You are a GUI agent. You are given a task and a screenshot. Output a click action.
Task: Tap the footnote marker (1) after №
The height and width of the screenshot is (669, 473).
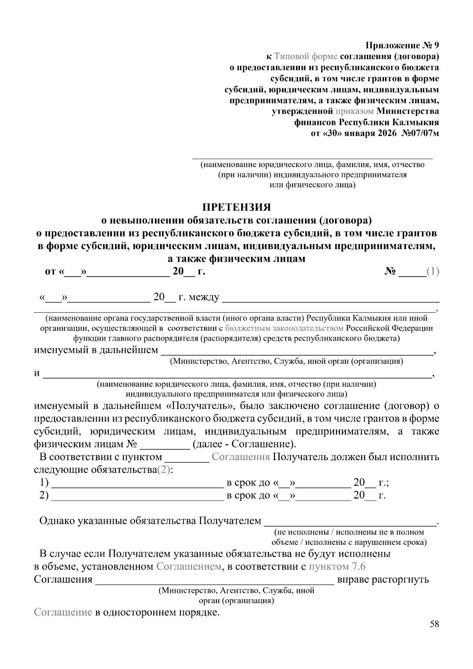coord(433,272)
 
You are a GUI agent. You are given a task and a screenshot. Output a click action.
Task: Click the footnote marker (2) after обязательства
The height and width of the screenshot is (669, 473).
coord(164,470)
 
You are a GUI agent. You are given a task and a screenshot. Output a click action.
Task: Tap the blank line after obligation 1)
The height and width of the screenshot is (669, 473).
coord(138,483)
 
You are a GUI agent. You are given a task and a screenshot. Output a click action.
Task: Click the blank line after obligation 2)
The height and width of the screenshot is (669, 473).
coord(138,496)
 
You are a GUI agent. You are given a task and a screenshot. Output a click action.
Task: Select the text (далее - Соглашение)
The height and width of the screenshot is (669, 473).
coord(244,444)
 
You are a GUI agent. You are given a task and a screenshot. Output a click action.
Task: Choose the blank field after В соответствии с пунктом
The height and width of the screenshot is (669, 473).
coord(186,457)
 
